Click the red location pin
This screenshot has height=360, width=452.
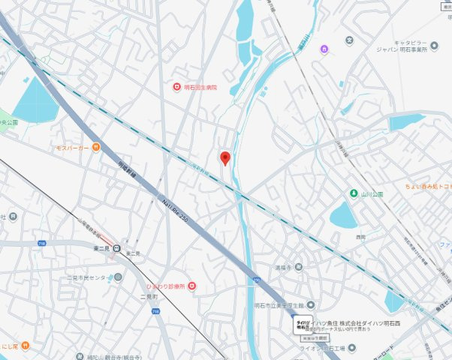pos(224,157)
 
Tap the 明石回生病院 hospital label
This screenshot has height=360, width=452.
pos(200,88)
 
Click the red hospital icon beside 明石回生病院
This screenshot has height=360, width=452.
pos(176,88)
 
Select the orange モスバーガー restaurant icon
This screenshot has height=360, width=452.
pos(95,147)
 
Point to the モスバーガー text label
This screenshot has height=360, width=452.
pos(72,148)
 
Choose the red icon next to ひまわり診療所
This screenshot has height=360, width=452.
pos(192,285)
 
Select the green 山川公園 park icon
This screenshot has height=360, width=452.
pos(354,193)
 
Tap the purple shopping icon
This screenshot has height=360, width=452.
pos(324,49)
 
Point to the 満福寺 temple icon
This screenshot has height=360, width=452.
pos(299,266)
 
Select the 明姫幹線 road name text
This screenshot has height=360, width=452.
pos(127,172)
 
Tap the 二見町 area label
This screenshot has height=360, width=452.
pos(148,298)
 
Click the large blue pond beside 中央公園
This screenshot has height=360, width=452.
pos(35,102)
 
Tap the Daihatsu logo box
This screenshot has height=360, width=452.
pos(302,325)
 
